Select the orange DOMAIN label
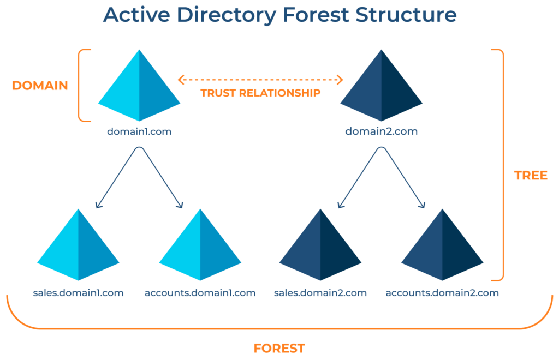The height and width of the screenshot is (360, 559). [40, 86]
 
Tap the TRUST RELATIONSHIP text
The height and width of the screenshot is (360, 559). [260, 93]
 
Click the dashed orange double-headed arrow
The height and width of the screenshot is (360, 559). [260, 80]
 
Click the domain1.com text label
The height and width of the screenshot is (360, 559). [139, 131]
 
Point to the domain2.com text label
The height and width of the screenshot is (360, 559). [382, 131]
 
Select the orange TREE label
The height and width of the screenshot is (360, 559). [531, 176]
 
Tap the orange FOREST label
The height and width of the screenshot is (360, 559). [279, 348]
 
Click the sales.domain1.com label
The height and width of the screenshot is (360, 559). [78, 293]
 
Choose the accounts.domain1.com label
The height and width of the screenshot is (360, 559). [200, 293]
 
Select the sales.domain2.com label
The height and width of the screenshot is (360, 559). [320, 293]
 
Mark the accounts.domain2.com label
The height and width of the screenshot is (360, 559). [442, 293]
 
